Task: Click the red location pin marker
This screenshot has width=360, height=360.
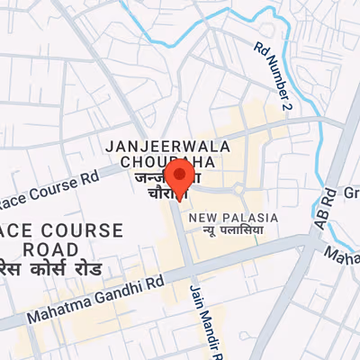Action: pos(180,177)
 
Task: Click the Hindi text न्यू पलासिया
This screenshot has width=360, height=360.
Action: pos(231,231)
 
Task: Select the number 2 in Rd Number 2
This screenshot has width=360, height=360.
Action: pos(287,106)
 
